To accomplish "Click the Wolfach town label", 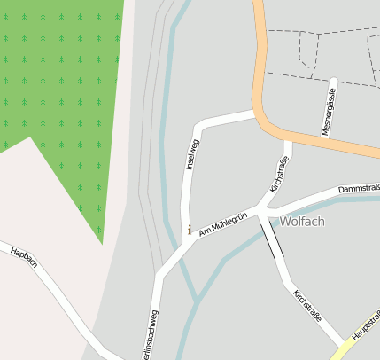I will point(302,221).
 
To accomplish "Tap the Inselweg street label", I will point(193,153).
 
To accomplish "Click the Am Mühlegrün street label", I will point(222,223).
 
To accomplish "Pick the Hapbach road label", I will point(24,258).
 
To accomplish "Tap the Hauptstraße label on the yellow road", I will point(365,326).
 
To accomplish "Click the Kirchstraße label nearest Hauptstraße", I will point(306,304).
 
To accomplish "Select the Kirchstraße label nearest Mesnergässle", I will point(279,176).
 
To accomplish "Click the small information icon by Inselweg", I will point(189,229).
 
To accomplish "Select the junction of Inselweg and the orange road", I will point(256,113).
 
